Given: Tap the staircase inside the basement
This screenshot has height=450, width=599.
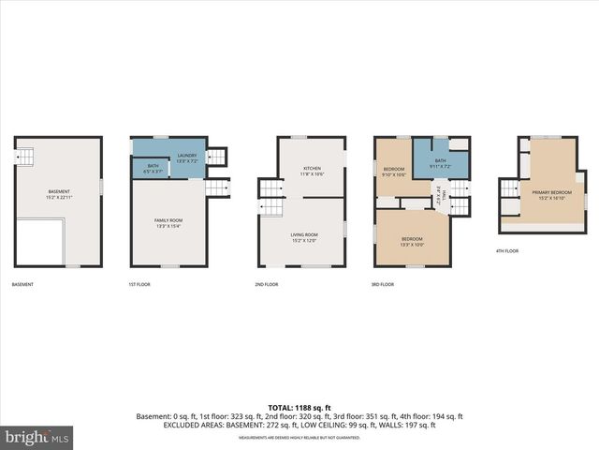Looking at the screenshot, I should (25, 156).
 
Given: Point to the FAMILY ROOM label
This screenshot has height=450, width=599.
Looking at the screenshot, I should (167, 222).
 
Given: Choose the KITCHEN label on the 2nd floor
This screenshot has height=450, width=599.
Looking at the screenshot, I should (311, 172).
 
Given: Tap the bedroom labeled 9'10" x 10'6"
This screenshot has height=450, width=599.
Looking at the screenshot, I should (393, 172).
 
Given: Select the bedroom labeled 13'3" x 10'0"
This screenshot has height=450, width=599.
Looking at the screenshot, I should (412, 241).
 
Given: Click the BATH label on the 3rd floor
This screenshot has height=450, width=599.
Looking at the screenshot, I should (441, 163).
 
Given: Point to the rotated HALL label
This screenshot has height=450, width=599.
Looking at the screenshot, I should (437, 194).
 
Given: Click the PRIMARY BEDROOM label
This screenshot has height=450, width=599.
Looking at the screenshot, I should (552, 195).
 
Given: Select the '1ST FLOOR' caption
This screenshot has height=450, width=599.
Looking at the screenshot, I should (139, 284).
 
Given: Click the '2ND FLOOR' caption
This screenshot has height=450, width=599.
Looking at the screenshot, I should (266, 284).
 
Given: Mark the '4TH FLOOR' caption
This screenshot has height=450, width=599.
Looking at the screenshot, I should (506, 251).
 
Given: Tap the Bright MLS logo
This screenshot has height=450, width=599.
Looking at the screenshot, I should (37, 437).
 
